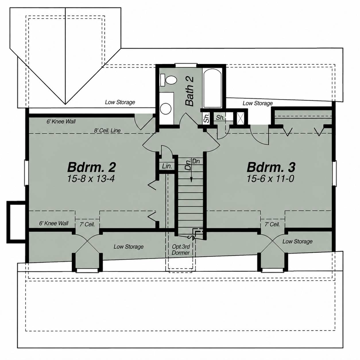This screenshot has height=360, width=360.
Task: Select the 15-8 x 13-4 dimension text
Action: (91, 179)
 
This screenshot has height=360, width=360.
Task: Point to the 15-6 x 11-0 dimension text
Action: (270, 179)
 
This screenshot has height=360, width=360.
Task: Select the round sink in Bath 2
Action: (166, 109)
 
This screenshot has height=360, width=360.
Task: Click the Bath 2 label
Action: (189, 91)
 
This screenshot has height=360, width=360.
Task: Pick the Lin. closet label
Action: (167, 166)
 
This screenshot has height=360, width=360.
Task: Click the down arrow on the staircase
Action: (191, 171)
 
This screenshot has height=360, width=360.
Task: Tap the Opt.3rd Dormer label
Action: (181, 249)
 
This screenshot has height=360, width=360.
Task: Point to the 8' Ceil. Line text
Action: (107, 130)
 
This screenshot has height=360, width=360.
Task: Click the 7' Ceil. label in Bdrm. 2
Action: (87, 224)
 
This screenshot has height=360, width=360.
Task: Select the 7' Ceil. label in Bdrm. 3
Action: (272, 224)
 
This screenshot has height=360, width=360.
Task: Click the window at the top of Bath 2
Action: (186, 65)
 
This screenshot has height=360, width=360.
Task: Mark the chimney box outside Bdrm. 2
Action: (16, 222)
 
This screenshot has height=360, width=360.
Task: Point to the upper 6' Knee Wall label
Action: (61, 121)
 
